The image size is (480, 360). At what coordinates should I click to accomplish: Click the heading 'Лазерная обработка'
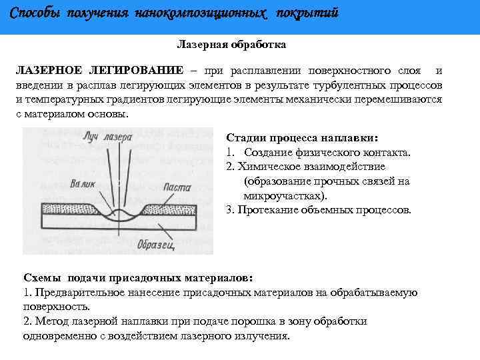pyautogui.click(x=231, y=45)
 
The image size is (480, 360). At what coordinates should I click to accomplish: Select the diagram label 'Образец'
pyautogui.click(x=155, y=244)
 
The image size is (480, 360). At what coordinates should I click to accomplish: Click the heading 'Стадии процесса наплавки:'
pyautogui.click(x=302, y=138)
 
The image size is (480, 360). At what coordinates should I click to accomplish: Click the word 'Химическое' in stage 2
pyautogui.click(x=269, y=167)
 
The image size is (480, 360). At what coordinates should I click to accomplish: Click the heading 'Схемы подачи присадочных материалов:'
pyautogui.click(x=138, y=277)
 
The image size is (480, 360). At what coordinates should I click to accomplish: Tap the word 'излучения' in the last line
pyautogui.click(x=265, y=336)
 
